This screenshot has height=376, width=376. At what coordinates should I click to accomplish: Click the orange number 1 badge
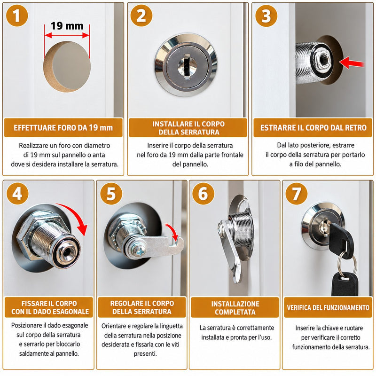pyautogui.click(x=17, y=16)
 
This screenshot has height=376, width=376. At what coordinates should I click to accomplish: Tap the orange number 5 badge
pyautogui.click(x=111, y=194)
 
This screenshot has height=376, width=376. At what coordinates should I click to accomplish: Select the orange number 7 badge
pyautogui.click(x=297, y=194)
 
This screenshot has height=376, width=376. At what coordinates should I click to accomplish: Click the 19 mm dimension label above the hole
pyautogui.click(x=67, y=26)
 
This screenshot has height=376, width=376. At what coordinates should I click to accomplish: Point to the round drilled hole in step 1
pyautogui.click(x=67, y=67)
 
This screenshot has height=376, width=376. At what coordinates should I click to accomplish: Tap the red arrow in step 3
pyautogui.click(x=352, y=63)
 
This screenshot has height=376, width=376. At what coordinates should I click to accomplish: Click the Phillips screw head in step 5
pyautogui.click(x=139, y=251)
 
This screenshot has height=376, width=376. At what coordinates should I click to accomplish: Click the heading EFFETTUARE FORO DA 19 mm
pyautogui.click(x=63, y=127)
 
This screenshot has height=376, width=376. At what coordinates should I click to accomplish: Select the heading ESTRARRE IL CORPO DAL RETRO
pyautogui.click(x=313, y=127)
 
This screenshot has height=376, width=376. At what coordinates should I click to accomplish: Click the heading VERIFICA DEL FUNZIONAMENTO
pyautogui.click(x=328, y=308)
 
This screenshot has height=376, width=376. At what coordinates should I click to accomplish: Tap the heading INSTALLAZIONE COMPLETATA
pyautogui.click(x=235, y=308)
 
